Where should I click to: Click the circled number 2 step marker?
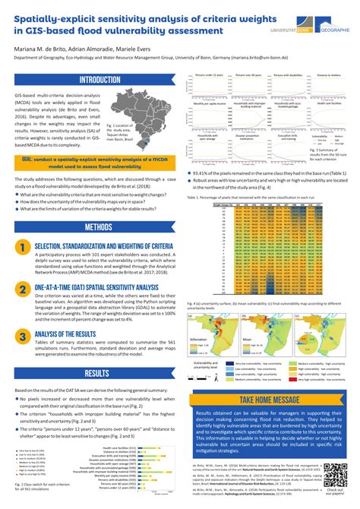tap(24, 289)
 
